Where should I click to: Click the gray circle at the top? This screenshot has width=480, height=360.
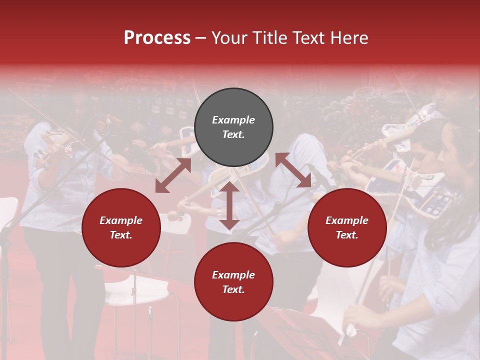[x=233, y=127]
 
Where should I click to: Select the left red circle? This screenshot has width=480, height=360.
[x=121, y=228]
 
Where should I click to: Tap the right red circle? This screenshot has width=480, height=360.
[x=347, y=228]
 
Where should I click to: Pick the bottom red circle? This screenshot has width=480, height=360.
[x=233, y=282]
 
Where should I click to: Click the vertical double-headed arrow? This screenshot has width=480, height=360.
[x=229, y=205]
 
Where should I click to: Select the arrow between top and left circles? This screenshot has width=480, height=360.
[x=173, y=175]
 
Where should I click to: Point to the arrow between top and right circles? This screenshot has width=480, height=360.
[x=293, y=170]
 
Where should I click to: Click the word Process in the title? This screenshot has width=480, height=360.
[x=157, y=38]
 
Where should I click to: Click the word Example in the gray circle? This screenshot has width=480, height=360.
[x=233, y=120]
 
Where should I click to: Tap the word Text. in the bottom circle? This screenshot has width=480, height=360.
[x=233, y=289]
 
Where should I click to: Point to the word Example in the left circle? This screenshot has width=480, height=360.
[x=121, y=220]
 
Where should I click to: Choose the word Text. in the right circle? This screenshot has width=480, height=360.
[x=347, y=235]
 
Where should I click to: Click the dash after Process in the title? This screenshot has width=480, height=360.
[x=200, y=38]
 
